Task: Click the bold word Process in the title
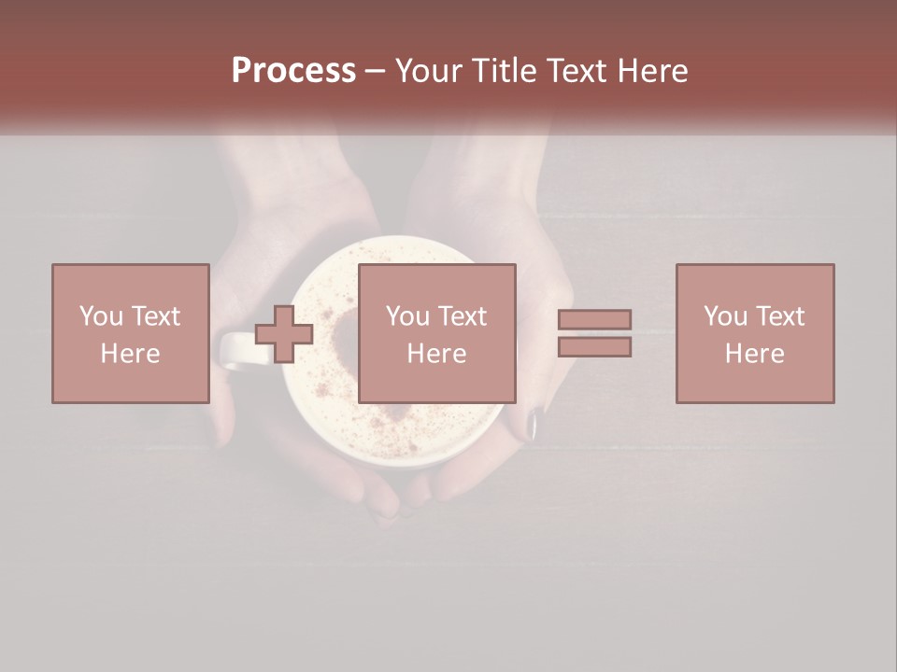pyautogui.click(x=293, y=71)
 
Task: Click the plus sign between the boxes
pyautogui.click(x=284, y=334)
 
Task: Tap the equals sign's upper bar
pyautogui.click(x=594, y=320)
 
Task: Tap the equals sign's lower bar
pyautogui.click(x=594, y=347)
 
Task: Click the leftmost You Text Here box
pyautogui.click(x=130, y=333)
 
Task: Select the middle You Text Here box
pyautogui.click(x=436, y=333)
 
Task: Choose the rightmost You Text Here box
pyautogui.click(x=754, y=333)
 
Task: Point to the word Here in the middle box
pyautogui.click(x=436, y=354)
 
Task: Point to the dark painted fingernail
pyautogui.click(x=532, y=425)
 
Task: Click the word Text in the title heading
pyautogui.click(x=581, y=71)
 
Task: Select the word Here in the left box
pyautogui.click(x=130, y=354)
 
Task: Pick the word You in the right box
pyautogui.click(x=725, y=316)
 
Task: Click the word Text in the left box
pyautogui.click(x=155, y=316)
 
